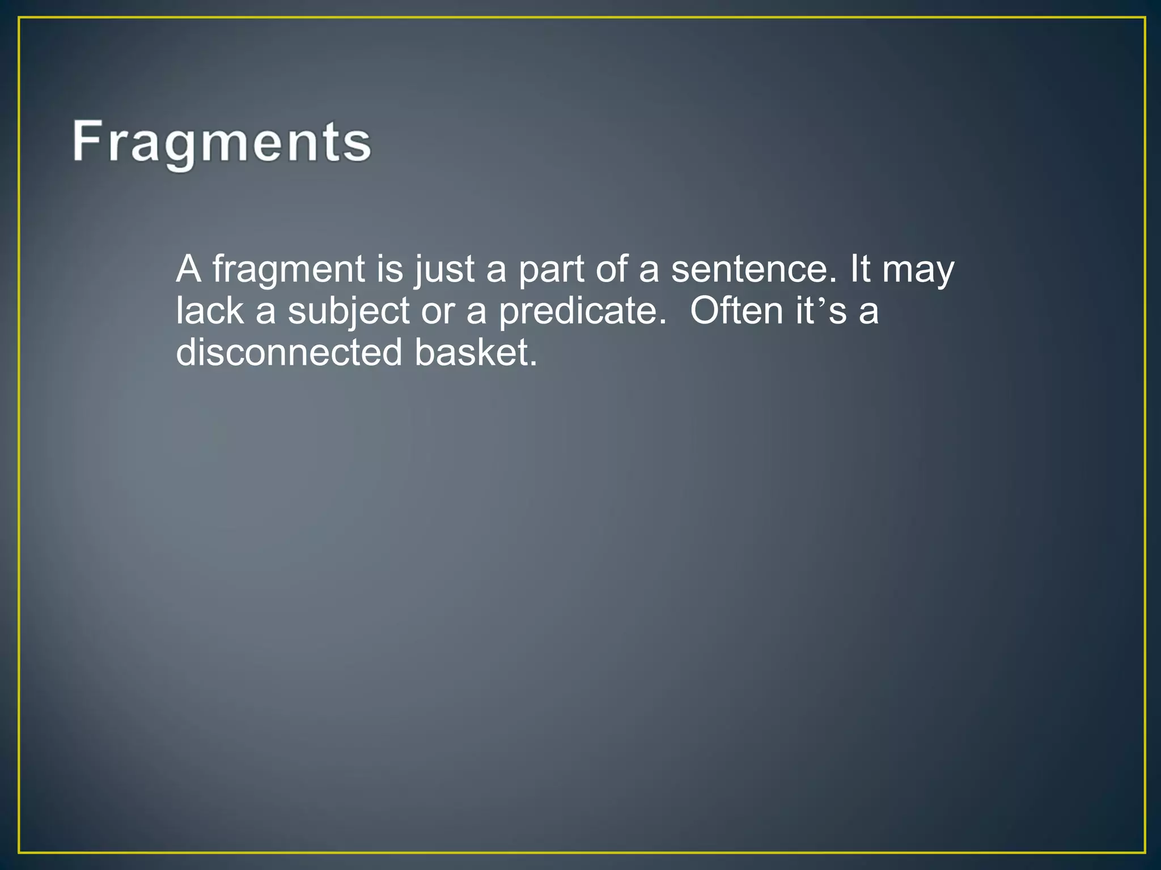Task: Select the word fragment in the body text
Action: pyautogui.click(x=289, y=270)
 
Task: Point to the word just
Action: pyautogui.click(x=444, y=270)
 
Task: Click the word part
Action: pyautogui.click(x=550, y=270)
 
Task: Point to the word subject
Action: pyautogui.click(x=348, y=312)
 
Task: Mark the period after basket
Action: pyautogui.click(x=532, y=363)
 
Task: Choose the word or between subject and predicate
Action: pyautogui.click(x=438, y=312)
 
